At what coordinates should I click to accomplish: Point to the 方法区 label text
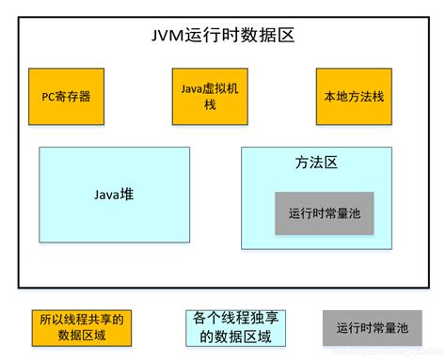click(316, 164)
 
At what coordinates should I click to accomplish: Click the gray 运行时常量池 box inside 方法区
click(324, 212)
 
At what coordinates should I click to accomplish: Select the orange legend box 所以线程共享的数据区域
click(78, 325)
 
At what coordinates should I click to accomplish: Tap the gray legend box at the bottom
click(373, 327)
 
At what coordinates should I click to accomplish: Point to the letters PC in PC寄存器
click(50, 96)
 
